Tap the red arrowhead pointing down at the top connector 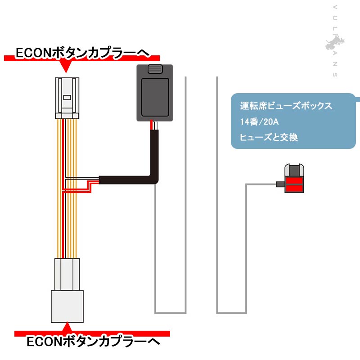coord(67,67)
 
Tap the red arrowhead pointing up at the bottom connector coord(67,326)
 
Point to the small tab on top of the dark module coord(154,69)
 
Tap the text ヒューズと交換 coord(269,137)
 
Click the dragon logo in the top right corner coord(335,44)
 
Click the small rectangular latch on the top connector coord(67,97)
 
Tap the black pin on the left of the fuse coord(279,184)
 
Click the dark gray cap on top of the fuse coord(295,170)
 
